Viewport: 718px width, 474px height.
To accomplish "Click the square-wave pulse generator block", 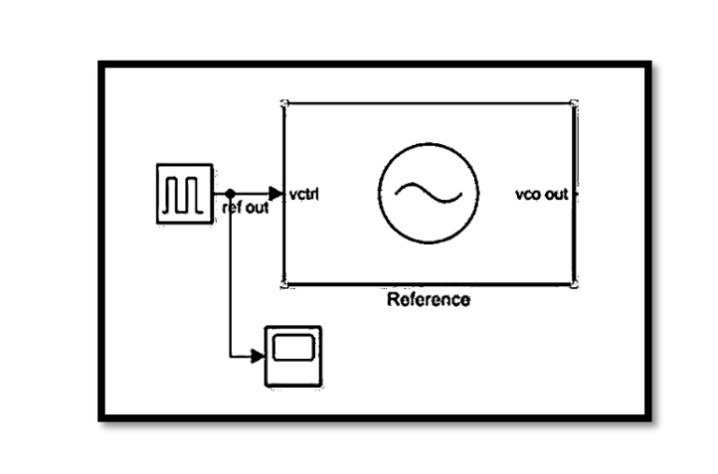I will (184, 194).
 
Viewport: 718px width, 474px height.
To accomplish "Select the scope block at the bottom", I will (293, 355).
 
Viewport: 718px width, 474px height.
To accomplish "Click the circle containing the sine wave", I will (428, 193).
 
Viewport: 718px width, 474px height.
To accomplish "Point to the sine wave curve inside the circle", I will (428, 193).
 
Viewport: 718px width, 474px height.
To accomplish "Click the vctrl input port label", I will (306, 194).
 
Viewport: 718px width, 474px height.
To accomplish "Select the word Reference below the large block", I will (428, 300).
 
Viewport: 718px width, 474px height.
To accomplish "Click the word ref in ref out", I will (232, 208).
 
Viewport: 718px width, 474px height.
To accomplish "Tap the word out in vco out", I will (557, 194).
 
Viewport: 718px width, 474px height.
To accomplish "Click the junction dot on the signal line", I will (230, 194).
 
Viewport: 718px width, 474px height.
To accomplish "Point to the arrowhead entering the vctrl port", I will (275, 194).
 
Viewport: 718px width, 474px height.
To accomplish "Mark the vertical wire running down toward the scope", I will (230, 280).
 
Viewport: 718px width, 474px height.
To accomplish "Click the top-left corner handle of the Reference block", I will (283, 103).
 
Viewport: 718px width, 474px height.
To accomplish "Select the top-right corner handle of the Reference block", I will (574, 103).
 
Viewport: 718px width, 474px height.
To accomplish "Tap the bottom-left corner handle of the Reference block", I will (283, 282).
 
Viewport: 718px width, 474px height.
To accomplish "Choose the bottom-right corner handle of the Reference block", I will (574, 282).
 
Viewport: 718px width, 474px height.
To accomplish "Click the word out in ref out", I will (256, 208).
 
